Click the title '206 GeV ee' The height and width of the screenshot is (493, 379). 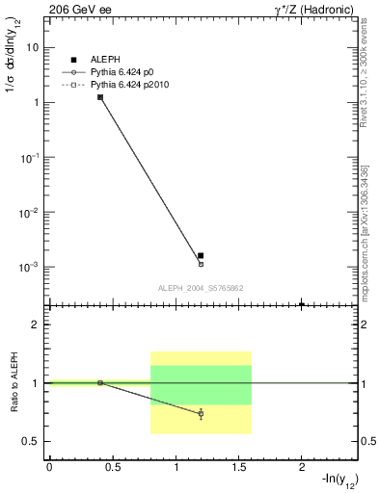click(x=76, y=8)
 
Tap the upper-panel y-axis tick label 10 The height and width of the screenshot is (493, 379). click(x=33, y=46)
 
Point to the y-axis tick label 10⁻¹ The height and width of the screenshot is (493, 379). click(x=31, y=156)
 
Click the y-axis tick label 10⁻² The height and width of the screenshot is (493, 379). click(x=31, y=211)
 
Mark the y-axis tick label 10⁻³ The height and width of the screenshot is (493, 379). click(x=31, y=266)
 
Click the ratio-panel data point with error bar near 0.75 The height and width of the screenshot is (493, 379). click(x=201, y=413)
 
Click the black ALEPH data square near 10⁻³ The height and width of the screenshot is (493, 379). click(x=201, y=256)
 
